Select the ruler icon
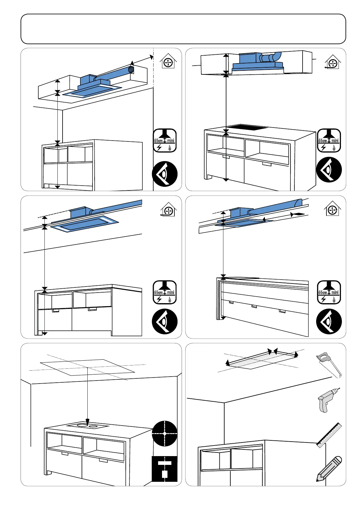pos(329,435)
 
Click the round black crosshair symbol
pos(164,433)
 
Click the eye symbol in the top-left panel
pos(164,174)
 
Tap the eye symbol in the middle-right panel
pos(329,321)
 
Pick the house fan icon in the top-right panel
pos(332,63)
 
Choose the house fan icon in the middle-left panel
pos(168,210)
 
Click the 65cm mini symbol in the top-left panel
pos(165,141)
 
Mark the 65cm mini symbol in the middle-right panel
pos(329,292)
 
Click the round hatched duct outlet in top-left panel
pos(131,70)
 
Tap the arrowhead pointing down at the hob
pos(88,421)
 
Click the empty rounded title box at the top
pos(183,29)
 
